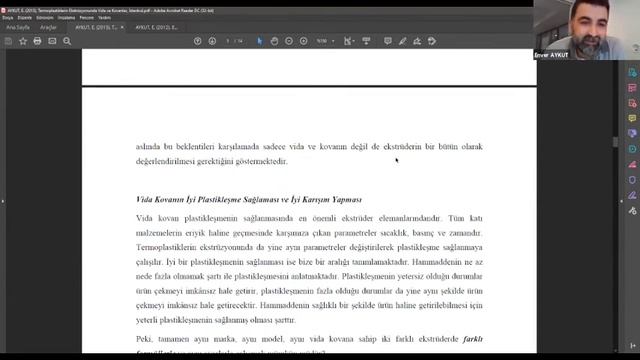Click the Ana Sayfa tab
[x=17, y=28]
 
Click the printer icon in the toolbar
[x=37, y=41]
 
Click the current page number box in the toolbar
[x=229, y=41]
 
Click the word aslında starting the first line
[x=149, y=146]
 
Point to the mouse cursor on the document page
[x=396, y=159]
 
